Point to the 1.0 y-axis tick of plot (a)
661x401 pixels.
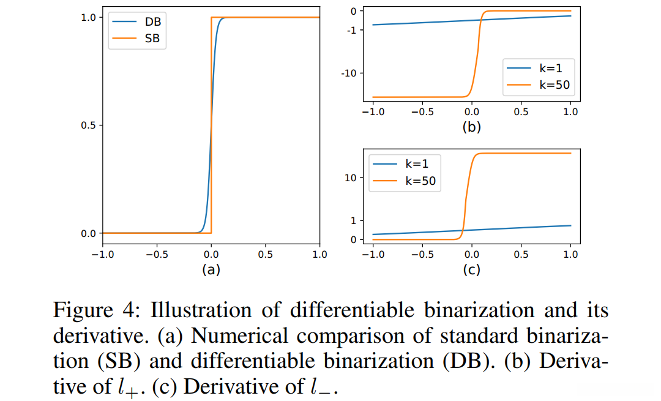[88, 18]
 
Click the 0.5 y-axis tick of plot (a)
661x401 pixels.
[88, 126]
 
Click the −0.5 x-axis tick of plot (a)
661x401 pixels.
[156, 255]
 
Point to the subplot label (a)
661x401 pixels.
[211, 269]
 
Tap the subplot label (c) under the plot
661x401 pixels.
[471, 269]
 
